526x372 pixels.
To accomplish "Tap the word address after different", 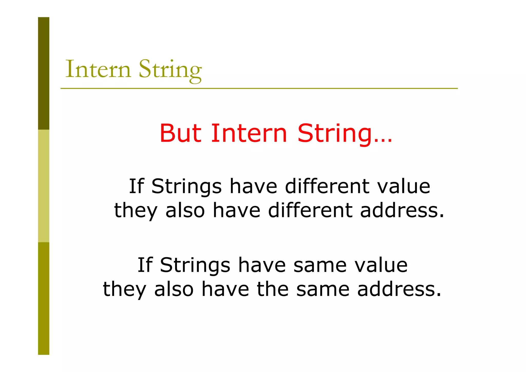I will click(402, 210).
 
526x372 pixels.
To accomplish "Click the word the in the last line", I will click(273, 289).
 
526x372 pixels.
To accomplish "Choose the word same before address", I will click(323, 289).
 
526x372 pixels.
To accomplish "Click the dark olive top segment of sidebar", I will click(44, 73).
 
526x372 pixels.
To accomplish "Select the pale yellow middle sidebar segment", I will click(44, 186).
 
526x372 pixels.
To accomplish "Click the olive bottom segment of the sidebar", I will click(44, 298).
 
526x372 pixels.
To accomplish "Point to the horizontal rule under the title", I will click(259, 88).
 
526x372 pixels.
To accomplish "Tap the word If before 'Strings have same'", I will click(145, 265).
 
